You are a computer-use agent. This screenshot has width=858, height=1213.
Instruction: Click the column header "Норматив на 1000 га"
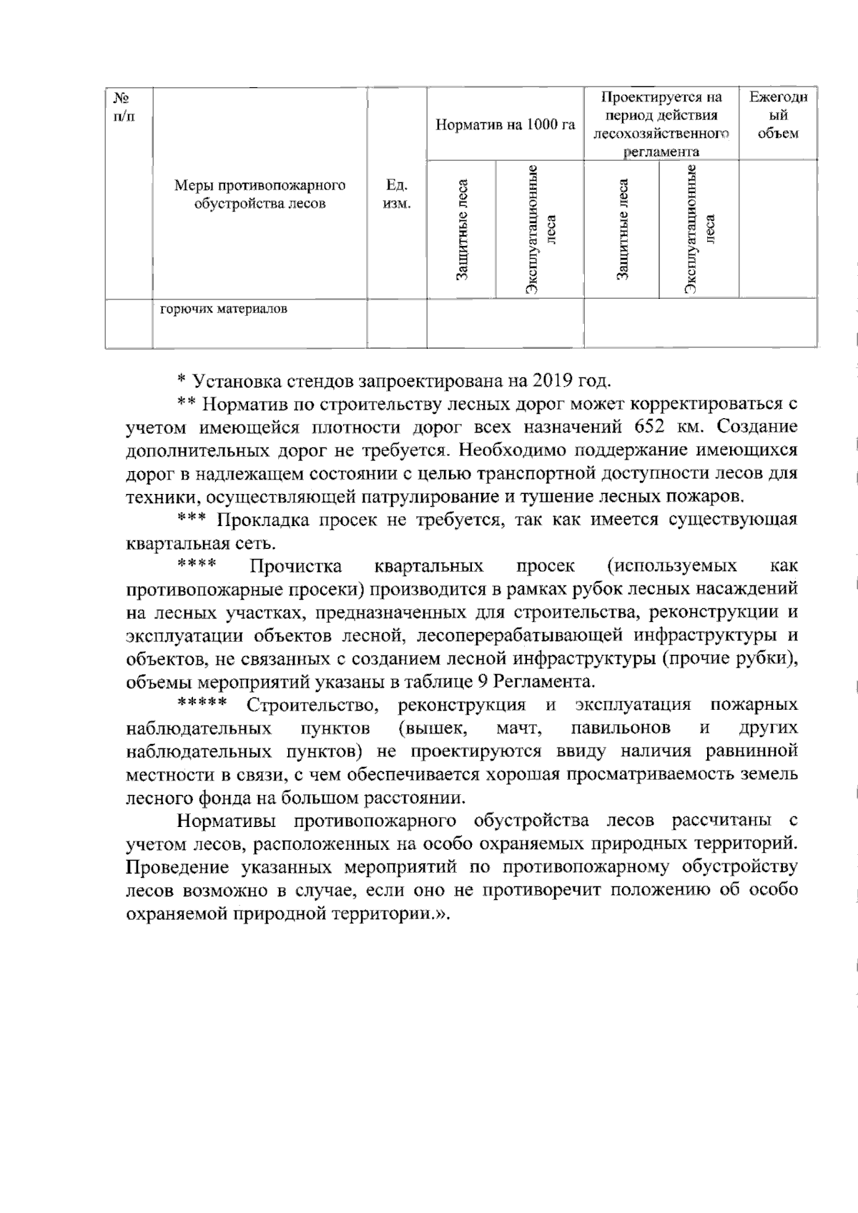[x=505, y=124]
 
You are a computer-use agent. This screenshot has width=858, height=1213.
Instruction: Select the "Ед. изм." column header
[x=397, y=194]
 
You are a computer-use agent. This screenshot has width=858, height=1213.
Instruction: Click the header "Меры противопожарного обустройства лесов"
[x=260, y=194]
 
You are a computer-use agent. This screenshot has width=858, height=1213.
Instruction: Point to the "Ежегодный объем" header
[x=778, y=115]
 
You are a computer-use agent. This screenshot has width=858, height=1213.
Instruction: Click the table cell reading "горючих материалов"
[x=224, y=310]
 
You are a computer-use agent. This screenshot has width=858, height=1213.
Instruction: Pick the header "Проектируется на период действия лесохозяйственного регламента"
[x=661, y=124]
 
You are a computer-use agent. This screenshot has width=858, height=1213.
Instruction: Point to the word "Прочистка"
[x=295, y=567]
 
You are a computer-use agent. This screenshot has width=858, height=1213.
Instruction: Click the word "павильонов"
[x=621, y=728]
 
